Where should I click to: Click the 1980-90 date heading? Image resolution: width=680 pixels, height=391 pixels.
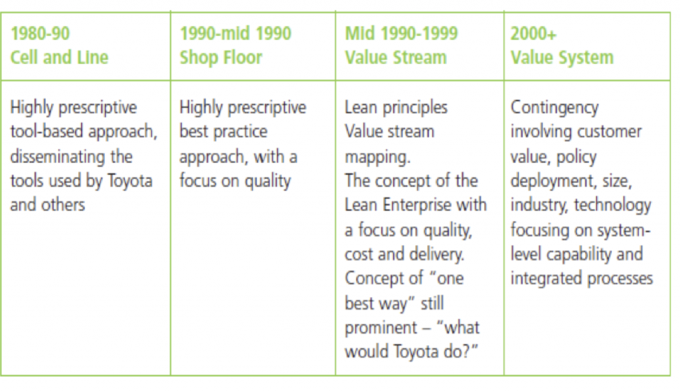[40, 33]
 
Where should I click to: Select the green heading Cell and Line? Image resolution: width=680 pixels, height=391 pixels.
[59, 57]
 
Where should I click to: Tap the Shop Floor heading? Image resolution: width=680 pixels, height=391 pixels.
[221, 58]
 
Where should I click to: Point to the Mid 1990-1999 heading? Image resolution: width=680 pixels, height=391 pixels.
[401, 33]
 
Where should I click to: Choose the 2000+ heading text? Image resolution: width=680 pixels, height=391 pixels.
[533, 33]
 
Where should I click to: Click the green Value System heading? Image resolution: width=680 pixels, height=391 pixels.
[562, 58]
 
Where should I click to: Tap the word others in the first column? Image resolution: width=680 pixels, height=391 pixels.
[63, 205]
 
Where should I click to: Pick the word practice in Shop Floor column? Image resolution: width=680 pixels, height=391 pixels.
[242, 132]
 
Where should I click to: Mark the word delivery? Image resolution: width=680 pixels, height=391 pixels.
[436, 254]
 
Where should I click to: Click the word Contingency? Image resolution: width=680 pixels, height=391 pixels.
[554, 108]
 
